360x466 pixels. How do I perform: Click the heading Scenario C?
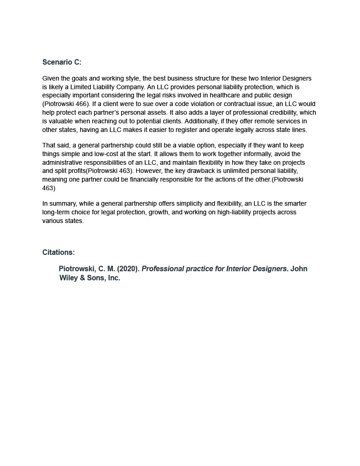pos(62,62)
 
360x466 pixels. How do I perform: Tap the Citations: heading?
pos(59,253)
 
